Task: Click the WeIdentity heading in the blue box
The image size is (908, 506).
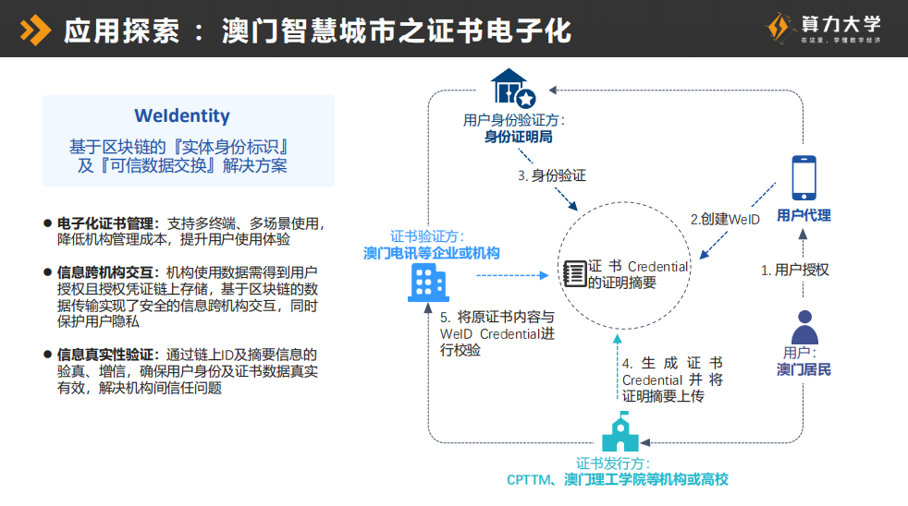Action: point(182,116)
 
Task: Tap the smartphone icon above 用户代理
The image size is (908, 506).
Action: point(804,177)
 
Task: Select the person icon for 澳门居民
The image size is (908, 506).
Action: point(804,327)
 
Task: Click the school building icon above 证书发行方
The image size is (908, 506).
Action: point(620,433)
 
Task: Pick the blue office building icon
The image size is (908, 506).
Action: point(427,282)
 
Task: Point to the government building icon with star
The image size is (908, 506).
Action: point(513,87)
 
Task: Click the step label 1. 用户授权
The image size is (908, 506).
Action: point(794,270)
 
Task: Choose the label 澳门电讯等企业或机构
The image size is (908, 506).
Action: point(431,252)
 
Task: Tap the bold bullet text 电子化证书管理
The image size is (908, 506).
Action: point(104,223)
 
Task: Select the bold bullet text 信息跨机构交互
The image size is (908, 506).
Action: point(104,272)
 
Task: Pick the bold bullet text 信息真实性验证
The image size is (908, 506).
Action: point(104,354)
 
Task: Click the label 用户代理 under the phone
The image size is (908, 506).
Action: point(804,215)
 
